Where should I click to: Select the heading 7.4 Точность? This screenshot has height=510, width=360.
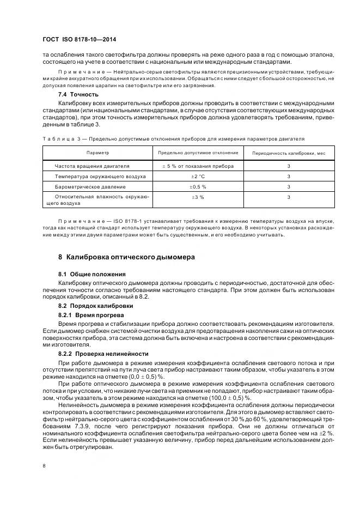(x=81, y=94)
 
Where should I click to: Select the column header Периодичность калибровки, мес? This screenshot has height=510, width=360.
(x=289, y=153)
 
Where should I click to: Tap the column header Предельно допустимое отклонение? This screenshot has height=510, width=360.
(x=198, y=153)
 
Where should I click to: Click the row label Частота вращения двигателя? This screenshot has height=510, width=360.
(x=92, y=166)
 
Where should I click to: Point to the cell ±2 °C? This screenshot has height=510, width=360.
(x=197, y=177)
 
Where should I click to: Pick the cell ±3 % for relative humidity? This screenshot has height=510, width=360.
(x=197, y=197)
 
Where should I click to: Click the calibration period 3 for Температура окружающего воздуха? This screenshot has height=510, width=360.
(x=289, y=177)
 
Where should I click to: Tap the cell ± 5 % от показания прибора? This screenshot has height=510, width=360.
(x=198, y=166)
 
